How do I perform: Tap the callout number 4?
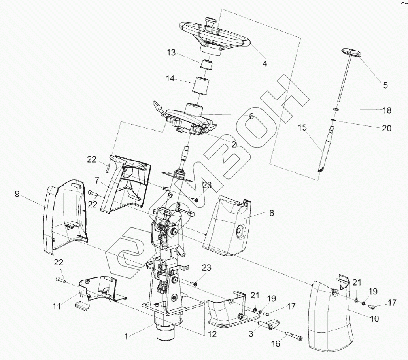(265, 63)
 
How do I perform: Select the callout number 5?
(385, 85)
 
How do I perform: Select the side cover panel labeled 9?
(65, 222)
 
